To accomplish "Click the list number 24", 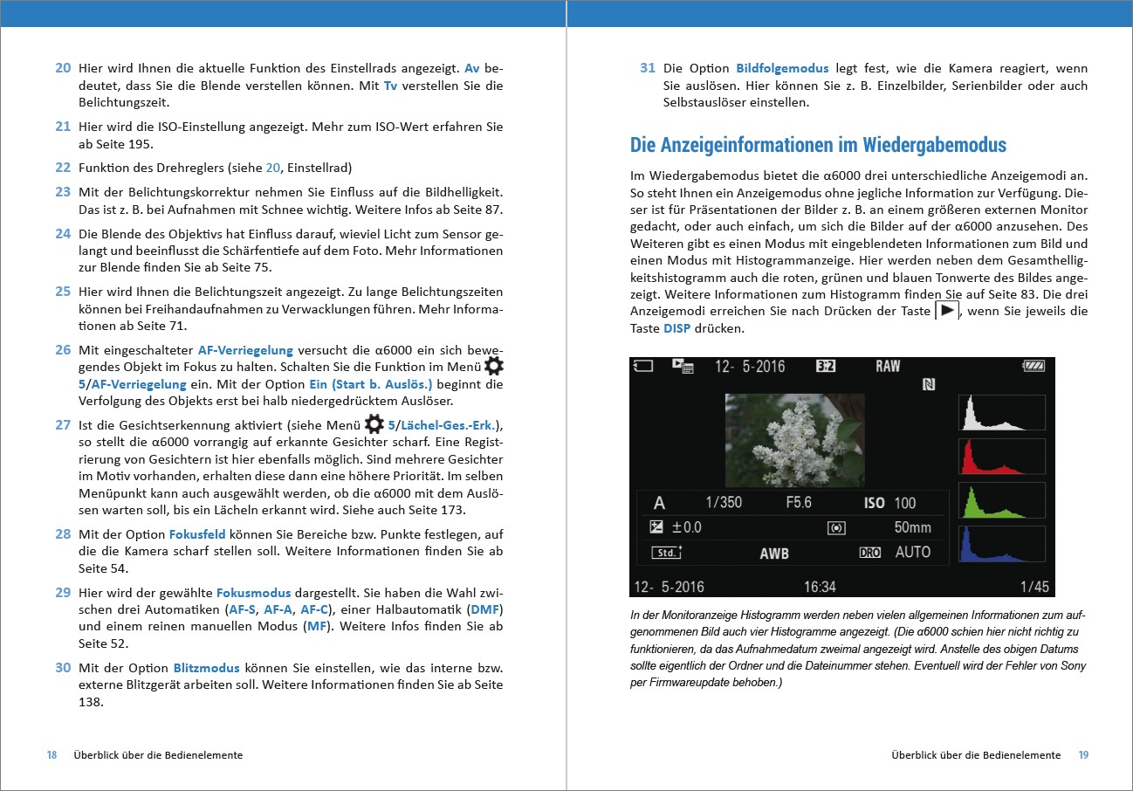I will tap(63, 233).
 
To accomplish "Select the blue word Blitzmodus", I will tap(206, 667).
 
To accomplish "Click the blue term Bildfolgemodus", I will tap(777, 68).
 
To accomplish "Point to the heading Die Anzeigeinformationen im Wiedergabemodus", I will tap(818, 145).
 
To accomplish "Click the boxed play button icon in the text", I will tap(946, 311).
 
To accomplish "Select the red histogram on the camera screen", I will tap(1001, 457).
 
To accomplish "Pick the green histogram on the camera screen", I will tap(1001, 500).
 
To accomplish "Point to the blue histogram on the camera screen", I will tap(1001, 544).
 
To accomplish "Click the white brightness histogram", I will tap(1001, 413).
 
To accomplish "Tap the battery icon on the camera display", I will tap(1033, 367).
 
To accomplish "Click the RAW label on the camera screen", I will tap(888, 367).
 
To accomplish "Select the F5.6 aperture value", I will tap(798, 503).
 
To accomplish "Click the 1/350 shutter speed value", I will tap(724, 503).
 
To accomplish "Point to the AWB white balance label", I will tap(774, 553).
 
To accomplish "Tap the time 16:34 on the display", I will tap(820, 587).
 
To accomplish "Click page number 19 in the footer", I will tap(1083, 755).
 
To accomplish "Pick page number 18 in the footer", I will tap(51, 755).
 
